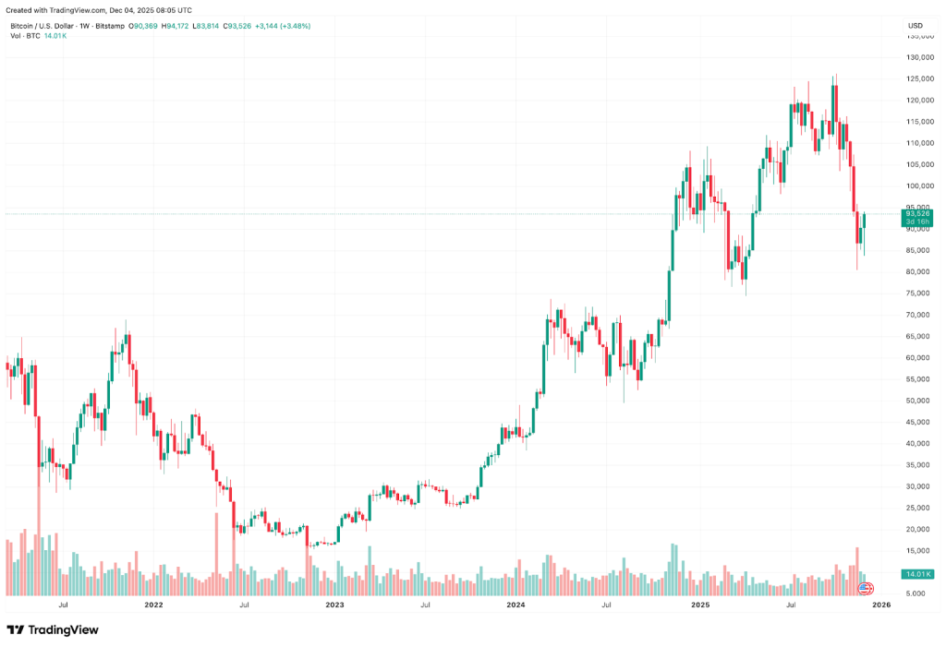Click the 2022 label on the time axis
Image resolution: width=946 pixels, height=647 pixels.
(153, 605)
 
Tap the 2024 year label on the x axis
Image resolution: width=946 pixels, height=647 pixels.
(516, 605)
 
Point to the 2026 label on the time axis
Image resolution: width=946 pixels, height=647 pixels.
(881, 605)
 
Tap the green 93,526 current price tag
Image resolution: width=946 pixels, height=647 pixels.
(917, 214)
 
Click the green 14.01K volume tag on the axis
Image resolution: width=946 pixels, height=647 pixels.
(917, 574)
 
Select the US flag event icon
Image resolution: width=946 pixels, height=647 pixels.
(866, 588)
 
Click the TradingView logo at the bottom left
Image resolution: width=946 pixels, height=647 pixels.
(53, 629)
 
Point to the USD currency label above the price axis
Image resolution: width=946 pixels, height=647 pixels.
(916, 25)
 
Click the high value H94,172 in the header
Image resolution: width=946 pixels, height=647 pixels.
(176, 26)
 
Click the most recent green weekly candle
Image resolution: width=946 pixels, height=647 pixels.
(865, 221)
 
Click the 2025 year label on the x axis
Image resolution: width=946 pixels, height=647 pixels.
(699, 605)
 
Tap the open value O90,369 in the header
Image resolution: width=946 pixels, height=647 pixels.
(144, 26)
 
